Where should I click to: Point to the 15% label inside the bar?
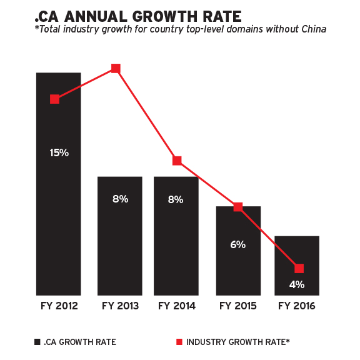coord(59,152)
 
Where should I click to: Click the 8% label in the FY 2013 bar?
coord(120,199)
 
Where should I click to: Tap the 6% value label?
coord(237,245)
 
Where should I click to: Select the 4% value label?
coord(297,285)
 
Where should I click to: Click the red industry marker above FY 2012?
coord(55,99)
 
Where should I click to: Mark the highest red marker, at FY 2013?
coord(116,68)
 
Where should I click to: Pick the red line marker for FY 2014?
coord(177,161)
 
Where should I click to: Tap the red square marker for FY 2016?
coord(299,268)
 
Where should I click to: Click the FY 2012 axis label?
coord(59,306)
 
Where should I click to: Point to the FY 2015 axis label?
coord(237,306)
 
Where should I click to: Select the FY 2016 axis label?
coord(297,306)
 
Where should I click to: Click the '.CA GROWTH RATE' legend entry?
coord(75,342)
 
